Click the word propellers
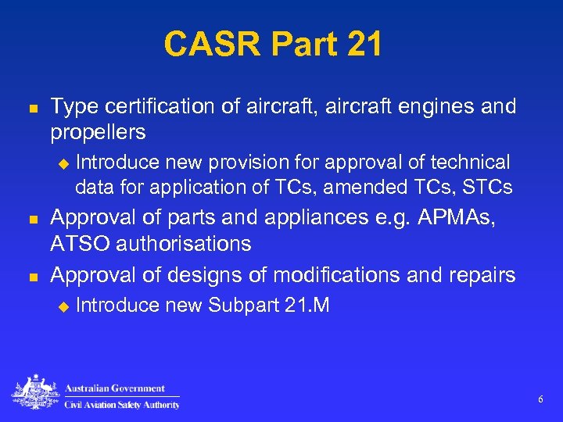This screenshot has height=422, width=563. click(x=98, y=132)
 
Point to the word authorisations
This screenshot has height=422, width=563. click(x=188, y=244)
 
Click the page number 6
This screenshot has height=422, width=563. click(x=540, y=400)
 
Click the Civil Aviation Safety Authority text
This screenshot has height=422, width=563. click(x=121, y=404)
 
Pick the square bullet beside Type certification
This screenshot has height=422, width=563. click(x=31, y=106)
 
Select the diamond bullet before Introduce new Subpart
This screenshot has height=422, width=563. click(x=64, y=306)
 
